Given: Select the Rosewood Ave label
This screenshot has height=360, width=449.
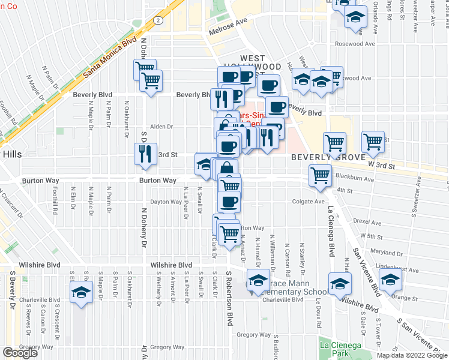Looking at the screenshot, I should pos(354,44).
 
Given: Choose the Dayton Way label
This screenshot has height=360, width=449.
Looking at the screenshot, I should pos(166,202).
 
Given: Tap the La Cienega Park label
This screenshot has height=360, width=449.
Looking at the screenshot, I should pos(340,349).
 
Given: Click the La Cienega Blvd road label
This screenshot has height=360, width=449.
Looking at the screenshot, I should pos(331,230).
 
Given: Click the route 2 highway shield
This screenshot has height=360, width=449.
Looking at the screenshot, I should pos(157,20).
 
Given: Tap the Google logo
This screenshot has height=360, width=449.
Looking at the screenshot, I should pos(20,353).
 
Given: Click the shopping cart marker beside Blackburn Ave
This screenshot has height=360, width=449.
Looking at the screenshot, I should pos(320,175).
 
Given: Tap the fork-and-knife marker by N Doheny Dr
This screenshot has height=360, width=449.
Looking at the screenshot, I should pos(145,154).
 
